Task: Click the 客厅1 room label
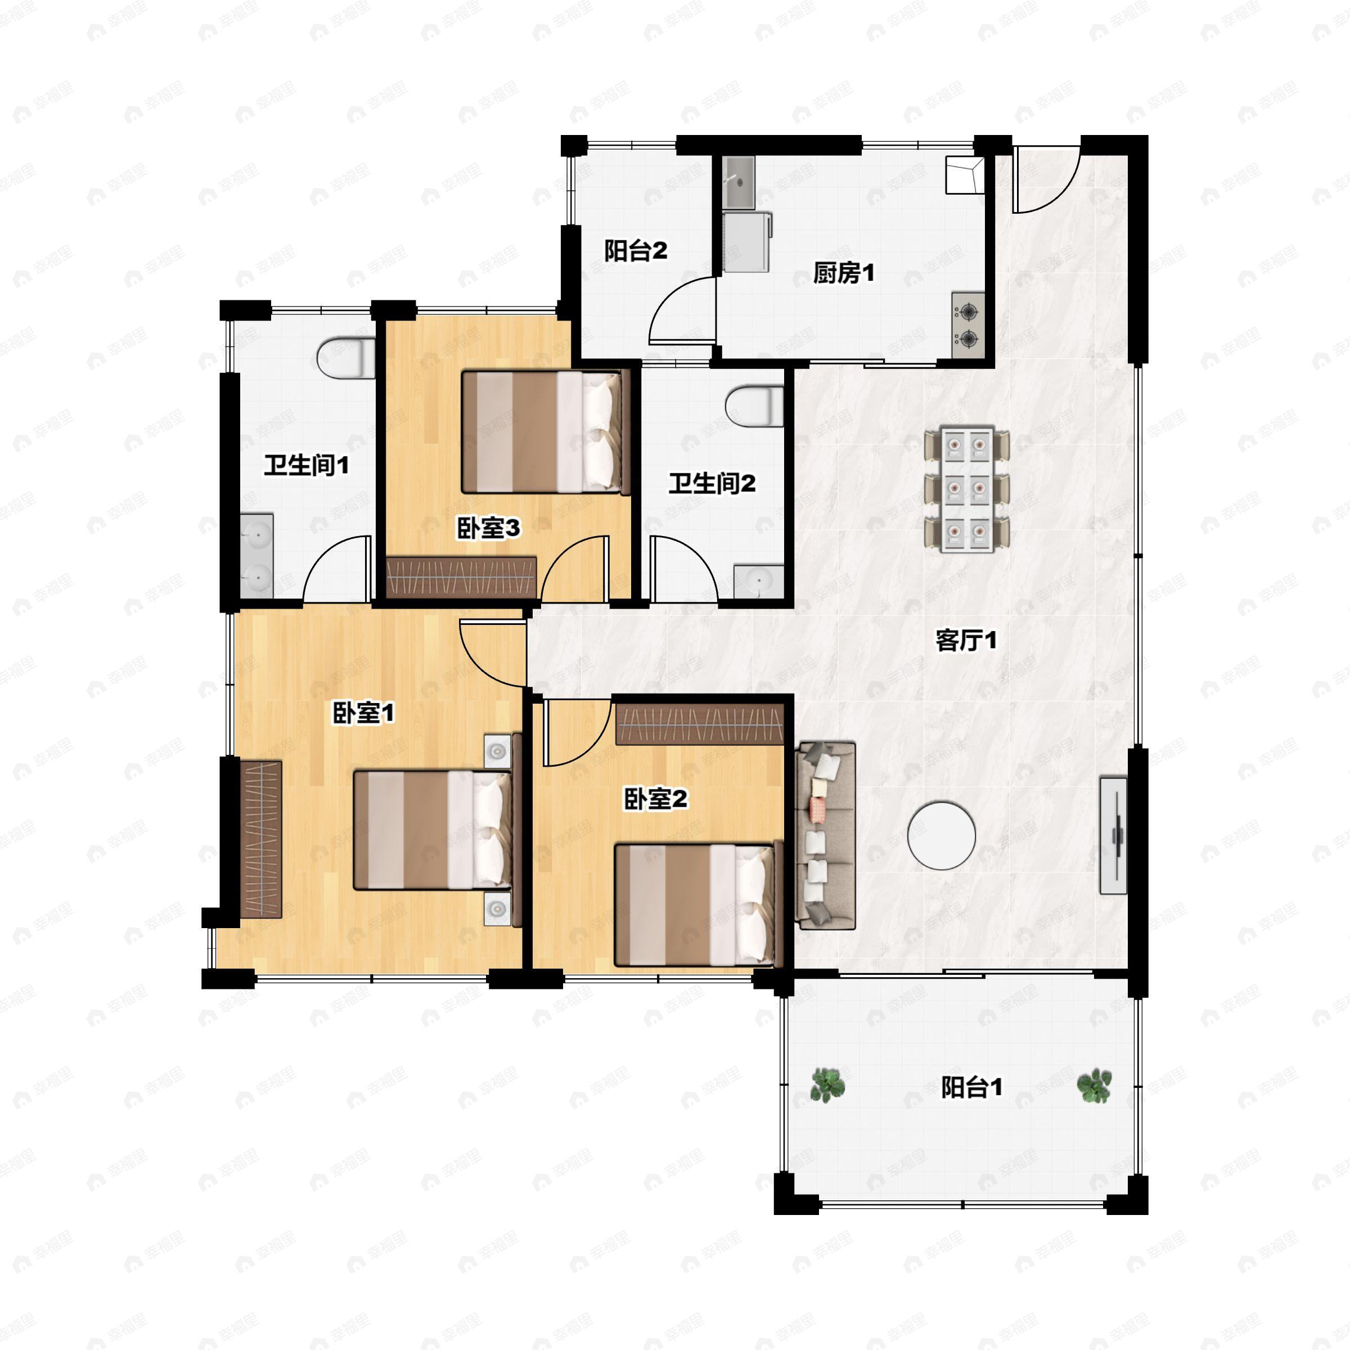pos(966,640)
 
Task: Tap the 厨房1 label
pos(843,273)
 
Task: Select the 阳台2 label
pos(635,251)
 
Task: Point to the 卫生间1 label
pos(306,465)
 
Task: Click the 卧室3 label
pos(488,528)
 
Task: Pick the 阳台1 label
pos(972,1087)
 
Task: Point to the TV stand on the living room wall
pos(1113,835)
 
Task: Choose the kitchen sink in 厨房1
pos(739,182)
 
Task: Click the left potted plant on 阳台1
pos(828,1085)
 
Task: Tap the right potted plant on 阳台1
pos(1094,1085)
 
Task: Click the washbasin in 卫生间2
pos(758,582)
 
